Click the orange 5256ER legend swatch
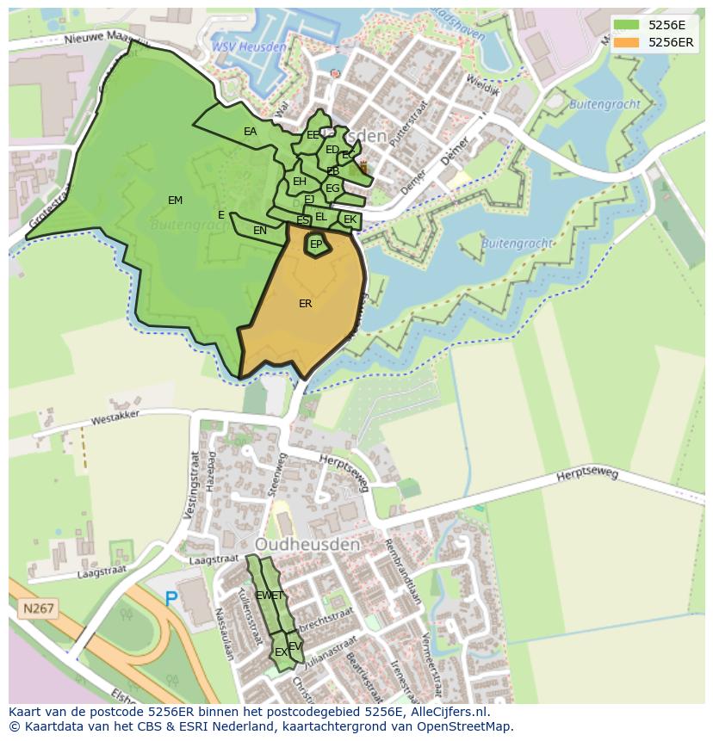(x=626, y=42)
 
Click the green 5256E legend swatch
(x=626, y=25)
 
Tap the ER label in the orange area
(x=305, y=304)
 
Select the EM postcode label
(x=175, y=201)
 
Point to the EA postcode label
(x=250, y=132)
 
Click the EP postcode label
(x=316, y=244)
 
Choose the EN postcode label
(x=260, y=231)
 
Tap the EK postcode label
(x=350, y=220)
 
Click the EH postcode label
(x=299, y=182)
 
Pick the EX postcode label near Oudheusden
(x=281, y=652)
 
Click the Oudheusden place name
(x=307, y=546)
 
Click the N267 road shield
(x=38, y=608)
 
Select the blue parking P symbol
(x=171, y=598)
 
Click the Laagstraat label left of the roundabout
(x=101, y=571)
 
